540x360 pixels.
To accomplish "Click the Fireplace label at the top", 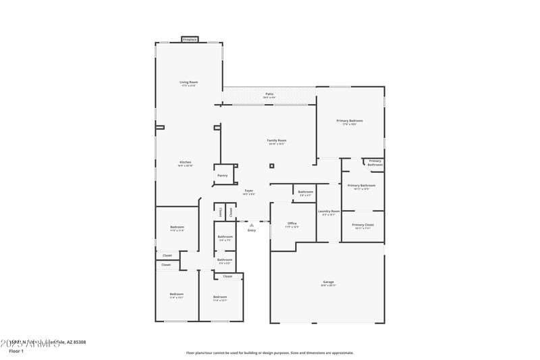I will pyautogui.click(x=190, y=40).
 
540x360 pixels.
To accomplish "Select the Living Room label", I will pyautogui.click(x=189, y=82).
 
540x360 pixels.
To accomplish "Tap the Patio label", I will pyautogui.click(x=269, y=95).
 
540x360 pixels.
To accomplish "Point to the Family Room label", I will pyautogui.click(x=277, y=140).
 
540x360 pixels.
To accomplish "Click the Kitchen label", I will pyautogui.click(x=185, y=162).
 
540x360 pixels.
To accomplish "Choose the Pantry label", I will pyautogui.click(x=222, y=176).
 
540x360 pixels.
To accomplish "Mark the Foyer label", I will pyautogui.click(x=249, y=191).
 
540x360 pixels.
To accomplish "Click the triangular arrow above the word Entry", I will pyautogui.click(x=252, y=226).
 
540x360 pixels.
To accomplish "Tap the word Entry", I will pyautogui.click(x=252, y=230).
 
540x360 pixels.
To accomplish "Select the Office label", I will pyautogui.click(x=292, y=224).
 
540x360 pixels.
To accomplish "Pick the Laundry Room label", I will pyautogui.click(x=329, y=211).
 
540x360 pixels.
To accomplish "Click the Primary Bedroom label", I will pyautogui.click(x=350, y=121).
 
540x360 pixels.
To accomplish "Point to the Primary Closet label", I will pyautogui.click(x=362, y=225).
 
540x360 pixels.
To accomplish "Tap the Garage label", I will pyautogui.click(x=328, y=282).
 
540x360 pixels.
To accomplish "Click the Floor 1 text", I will pyautogui.click(x=16, y=351).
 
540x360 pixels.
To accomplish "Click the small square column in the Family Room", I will pyautogui.click(x=271, y=165).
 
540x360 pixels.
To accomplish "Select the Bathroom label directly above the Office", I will pyautogui.click(x=306, y=192).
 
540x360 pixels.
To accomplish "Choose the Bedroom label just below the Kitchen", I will pyautogui.click(x=177, y=227).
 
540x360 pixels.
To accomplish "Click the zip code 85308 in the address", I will pyautogui.click(x=79, y=342).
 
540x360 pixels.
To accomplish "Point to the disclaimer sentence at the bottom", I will pyautogui.click(x=269, y=353).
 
